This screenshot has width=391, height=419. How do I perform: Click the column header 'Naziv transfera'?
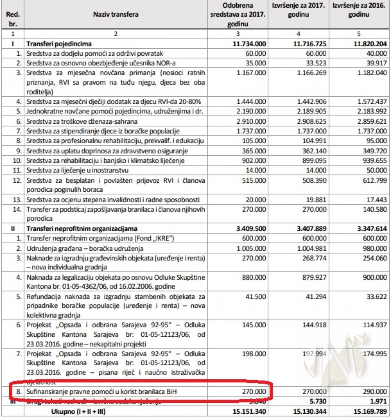pyautogui.click(x=115, y=14)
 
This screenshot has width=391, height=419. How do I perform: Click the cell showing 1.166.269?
pyautogui.click(x=311, y=73)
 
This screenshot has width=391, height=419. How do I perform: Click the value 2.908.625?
pyautogui.click(x=311, y=121)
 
